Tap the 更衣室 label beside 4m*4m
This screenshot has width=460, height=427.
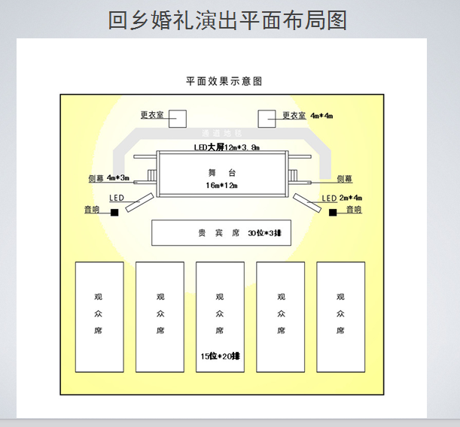[294, 116]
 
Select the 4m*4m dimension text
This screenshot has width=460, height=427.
[321, 116]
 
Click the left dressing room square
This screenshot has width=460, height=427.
[178, 119]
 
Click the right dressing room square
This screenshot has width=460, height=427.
[267, 119]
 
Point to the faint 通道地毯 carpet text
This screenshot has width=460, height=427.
[221, 132]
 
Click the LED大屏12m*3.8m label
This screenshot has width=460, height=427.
[226, 147]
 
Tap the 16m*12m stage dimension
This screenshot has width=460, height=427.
[221, 185]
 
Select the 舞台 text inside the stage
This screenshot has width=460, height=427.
[221, 173]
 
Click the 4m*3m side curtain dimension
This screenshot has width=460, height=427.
[118, 178]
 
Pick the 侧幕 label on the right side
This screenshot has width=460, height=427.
[344, 179]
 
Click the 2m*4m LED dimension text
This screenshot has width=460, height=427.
[352, 198]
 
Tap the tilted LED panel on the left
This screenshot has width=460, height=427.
[139, 201]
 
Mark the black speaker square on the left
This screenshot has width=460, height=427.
[114, 213]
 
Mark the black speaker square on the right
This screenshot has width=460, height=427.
[332, 213]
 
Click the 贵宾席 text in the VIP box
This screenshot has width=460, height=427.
[214, 234]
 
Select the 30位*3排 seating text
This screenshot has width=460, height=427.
[264, 234]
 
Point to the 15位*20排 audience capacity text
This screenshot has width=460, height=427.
[220, 355]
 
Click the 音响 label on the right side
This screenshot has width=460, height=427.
[354, 210]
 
